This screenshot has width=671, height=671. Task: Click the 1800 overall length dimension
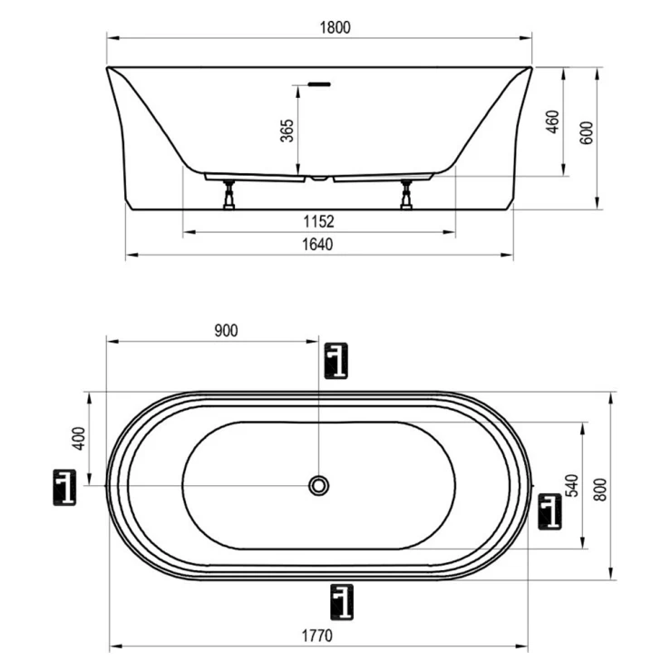335,27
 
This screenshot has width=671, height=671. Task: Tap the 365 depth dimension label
287,131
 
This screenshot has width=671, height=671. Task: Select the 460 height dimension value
553,122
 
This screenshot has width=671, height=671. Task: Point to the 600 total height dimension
588,132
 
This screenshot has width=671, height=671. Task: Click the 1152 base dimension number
319,221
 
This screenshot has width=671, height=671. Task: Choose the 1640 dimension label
317,244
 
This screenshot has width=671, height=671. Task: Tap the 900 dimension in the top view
226,331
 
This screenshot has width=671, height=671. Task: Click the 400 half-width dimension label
80,438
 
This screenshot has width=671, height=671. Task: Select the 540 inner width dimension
572,485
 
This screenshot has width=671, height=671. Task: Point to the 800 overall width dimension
601,490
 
